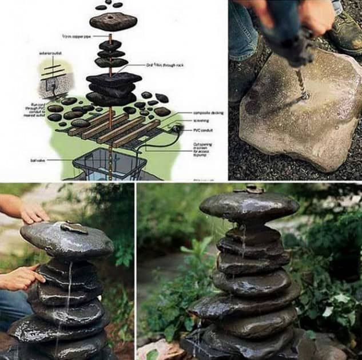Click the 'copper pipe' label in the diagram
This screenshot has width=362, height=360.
[x=77, y=37]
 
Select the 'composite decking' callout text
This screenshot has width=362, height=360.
[x=208, y=113]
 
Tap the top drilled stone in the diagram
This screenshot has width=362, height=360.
[x=113, y=21]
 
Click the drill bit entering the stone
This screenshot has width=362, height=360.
[x=301, y=86]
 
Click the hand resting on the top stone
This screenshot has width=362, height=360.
[x=33, y=212]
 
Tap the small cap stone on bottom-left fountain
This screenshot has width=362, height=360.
[x=73, y=228]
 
